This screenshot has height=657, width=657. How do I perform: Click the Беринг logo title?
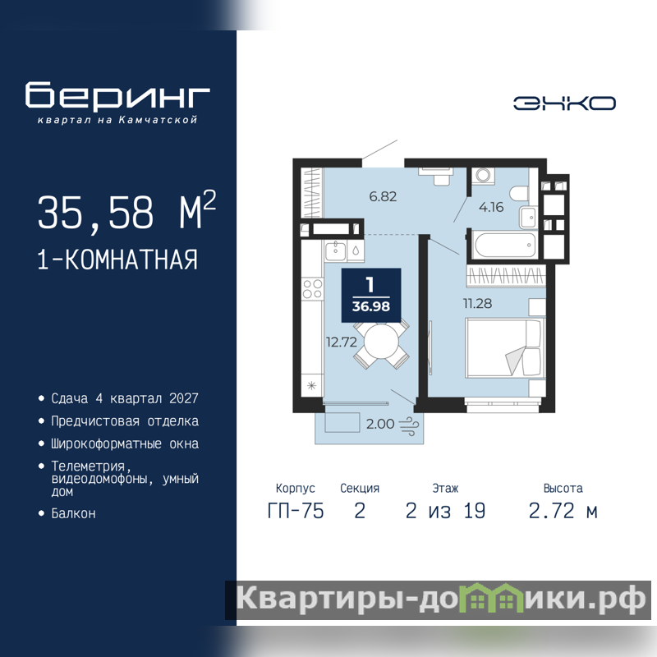point(117,95)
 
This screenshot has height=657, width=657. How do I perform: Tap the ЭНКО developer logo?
point(564,103)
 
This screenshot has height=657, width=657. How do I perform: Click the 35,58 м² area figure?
point(126,211)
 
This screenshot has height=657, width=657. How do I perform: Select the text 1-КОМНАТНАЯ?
point(117,260)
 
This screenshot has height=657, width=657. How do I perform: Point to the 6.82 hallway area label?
point(383,196)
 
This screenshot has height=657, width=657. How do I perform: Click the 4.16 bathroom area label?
point(491,207)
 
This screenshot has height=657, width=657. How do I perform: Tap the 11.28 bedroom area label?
point(477,303)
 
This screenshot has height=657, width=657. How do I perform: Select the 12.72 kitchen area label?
point(342,342)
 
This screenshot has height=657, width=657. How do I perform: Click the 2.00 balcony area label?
point(380,424)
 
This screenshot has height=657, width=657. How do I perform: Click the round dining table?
point(382,342)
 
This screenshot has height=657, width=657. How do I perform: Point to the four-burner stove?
point(313,289)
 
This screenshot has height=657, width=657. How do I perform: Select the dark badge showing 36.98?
point(371,296)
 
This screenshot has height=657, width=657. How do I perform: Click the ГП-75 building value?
point(296,511)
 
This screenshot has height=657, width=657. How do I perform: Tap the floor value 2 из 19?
point(445,511)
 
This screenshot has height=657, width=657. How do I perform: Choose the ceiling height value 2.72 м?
point(563,511)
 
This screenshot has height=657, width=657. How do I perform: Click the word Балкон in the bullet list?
point(73,514)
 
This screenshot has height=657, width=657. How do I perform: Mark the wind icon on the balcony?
point(409,425)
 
